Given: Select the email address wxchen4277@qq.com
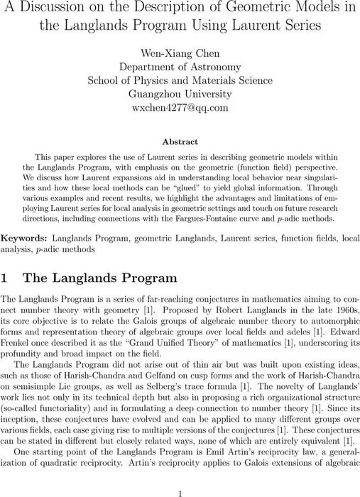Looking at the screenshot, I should point(179,108).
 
